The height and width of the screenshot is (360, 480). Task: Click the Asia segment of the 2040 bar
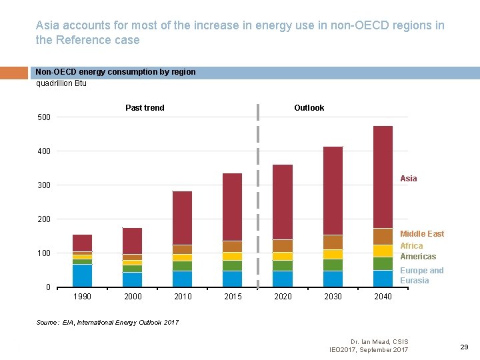383,177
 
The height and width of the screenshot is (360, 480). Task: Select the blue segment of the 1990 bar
83,275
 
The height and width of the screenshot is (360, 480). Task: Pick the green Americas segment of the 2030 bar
333,265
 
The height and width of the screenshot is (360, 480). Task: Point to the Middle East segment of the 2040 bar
383,237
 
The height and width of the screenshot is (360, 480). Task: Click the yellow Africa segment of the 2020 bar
283,256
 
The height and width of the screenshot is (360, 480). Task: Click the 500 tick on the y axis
43,117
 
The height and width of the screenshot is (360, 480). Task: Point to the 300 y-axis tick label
43,185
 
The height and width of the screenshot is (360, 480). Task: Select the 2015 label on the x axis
233,297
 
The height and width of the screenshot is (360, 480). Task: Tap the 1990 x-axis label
83,297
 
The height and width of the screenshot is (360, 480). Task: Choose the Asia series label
409,179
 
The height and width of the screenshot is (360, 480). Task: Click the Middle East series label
421,234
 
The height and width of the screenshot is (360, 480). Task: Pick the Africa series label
411,246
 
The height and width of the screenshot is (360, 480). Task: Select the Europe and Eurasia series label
421,275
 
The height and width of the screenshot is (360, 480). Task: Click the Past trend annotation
145,108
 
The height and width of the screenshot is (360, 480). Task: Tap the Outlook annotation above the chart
309,108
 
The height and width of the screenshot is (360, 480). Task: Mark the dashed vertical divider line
258,200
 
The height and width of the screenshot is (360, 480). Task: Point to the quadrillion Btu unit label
61,83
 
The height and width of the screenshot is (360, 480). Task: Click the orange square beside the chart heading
15,73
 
